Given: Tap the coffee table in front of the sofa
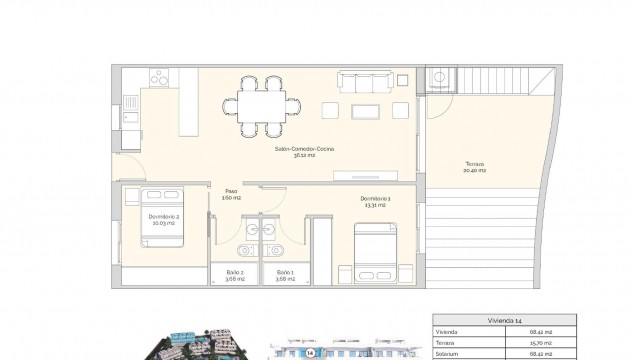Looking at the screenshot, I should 366,109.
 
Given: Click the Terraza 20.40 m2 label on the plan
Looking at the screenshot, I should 474,167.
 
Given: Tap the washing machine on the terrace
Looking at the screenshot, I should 439,79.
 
